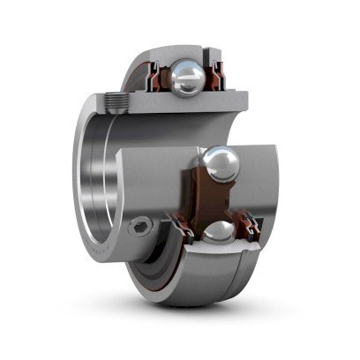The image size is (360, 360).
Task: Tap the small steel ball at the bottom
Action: [217, 235]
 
